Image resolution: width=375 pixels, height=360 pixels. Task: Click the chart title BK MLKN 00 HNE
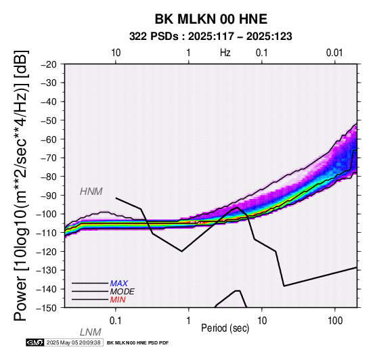(x=211, y=19)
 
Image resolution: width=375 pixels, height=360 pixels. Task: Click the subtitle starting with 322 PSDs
(x=211, y=37)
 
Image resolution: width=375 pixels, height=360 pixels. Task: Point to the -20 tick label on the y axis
(x=49, y=64)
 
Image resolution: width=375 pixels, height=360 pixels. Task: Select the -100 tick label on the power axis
(x=47, y=214)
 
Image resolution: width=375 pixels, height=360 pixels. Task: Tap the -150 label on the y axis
(x=47, y=308)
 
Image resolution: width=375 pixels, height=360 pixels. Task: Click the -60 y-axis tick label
(x=49, y=139)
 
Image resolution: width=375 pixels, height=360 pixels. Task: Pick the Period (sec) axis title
(x=225, y=328)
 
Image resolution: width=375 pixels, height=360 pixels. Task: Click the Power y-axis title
(x=21, y=185)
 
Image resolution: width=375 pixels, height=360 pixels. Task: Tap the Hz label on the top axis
(x=225, y=53)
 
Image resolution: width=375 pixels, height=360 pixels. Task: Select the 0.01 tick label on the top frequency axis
(x=334, y=53)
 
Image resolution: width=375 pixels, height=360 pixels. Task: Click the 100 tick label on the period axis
(x=335, y=321)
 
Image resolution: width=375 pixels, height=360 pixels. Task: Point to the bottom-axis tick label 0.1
(x=116, y=321)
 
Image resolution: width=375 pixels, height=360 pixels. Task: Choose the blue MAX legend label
(x=119, y=284)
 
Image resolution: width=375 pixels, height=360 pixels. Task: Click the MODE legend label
(x=123, y=292)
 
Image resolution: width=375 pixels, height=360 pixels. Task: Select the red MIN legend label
(x=118, y=300)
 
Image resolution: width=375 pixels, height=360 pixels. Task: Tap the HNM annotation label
(x=91, y=192)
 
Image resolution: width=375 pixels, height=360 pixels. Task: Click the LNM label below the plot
(x=91, y=332)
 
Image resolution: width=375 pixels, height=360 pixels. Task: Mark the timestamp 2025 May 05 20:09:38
(x=73, y=342)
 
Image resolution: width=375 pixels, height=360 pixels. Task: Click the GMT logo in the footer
(x=35, y=342)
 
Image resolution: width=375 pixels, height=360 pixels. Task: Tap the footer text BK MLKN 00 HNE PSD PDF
(x=138, y=343)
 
